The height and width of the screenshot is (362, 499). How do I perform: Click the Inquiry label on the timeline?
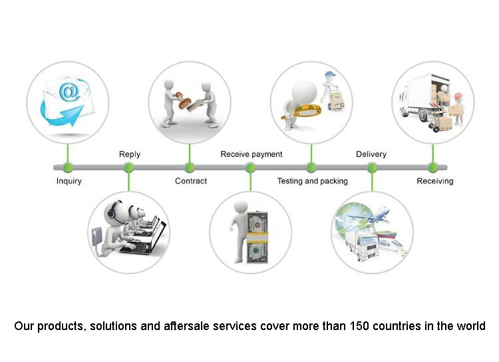(69, 181)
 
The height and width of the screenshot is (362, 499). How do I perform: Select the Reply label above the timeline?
(130, 154)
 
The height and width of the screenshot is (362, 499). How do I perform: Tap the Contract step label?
(191, 181)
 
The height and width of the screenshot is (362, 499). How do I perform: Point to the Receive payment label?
(251, 154)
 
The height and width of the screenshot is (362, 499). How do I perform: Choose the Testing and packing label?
(312, 181)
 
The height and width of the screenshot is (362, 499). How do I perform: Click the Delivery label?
(371, 154)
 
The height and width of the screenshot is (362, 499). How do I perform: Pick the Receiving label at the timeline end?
(434, 181)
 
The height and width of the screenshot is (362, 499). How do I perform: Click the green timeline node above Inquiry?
(67, 167)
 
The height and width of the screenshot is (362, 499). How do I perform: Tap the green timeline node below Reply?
(128, 167)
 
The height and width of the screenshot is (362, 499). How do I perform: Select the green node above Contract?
(190, 167)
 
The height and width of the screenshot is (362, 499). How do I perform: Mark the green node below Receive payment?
(250, 167)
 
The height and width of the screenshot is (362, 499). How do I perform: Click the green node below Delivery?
(372, 167)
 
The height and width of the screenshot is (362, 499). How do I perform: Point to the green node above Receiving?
(433, 167)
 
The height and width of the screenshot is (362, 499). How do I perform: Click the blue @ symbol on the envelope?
(69, 92)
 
